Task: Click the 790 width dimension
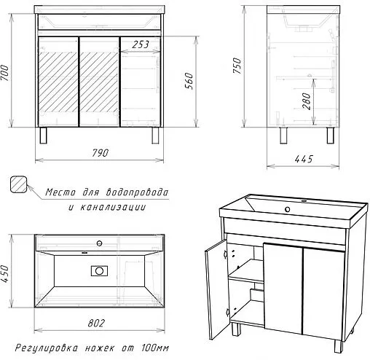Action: (101, 153)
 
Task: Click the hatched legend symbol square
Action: (20, 185)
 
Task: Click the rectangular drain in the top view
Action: (98, 271)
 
